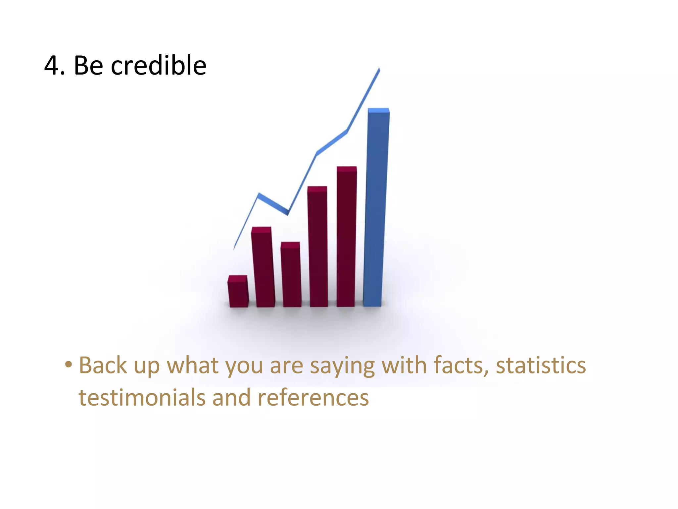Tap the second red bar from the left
tap(263, 268)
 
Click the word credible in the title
tap(158, 66)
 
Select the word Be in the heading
tap(88, 66)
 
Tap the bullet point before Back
tap(68, 365)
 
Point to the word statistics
tap(541, 366)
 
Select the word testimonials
tap(142, 398)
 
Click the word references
tap(313, 398)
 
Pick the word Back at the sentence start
tap(103, 366)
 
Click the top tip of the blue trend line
tap(379, 69)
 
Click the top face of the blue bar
tap(378, 110)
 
